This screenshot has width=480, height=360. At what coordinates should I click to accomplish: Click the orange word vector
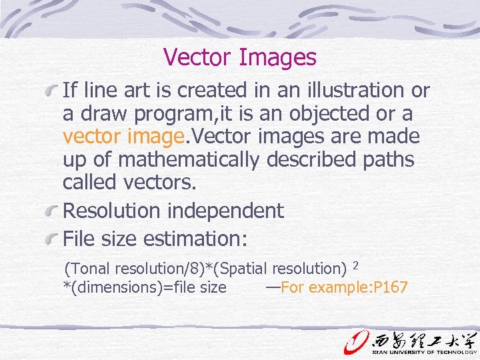[90, 137]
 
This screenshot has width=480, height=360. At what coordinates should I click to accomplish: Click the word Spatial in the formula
[246, 269]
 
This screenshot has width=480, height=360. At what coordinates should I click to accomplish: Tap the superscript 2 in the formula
[356, 265]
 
